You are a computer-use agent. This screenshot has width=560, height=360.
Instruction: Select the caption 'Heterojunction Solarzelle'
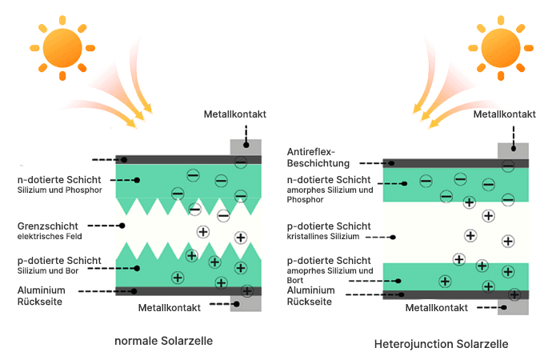point(441,344)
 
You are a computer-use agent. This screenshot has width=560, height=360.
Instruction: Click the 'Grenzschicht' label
point(46,226)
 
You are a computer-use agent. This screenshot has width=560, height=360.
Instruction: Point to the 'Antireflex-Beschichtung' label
point(318,157)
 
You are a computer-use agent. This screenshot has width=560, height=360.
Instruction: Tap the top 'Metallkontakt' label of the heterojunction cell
point(502,114)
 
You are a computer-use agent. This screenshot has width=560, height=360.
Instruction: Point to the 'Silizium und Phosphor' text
point(54,190)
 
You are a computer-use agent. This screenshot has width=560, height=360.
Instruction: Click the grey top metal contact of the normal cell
point(245,147)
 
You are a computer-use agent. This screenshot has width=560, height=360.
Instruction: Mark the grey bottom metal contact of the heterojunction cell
point(512,306)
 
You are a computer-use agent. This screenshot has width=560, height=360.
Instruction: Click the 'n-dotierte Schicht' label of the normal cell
point(58,180)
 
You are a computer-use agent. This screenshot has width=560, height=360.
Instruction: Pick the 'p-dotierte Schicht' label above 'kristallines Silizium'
point(328,226)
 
